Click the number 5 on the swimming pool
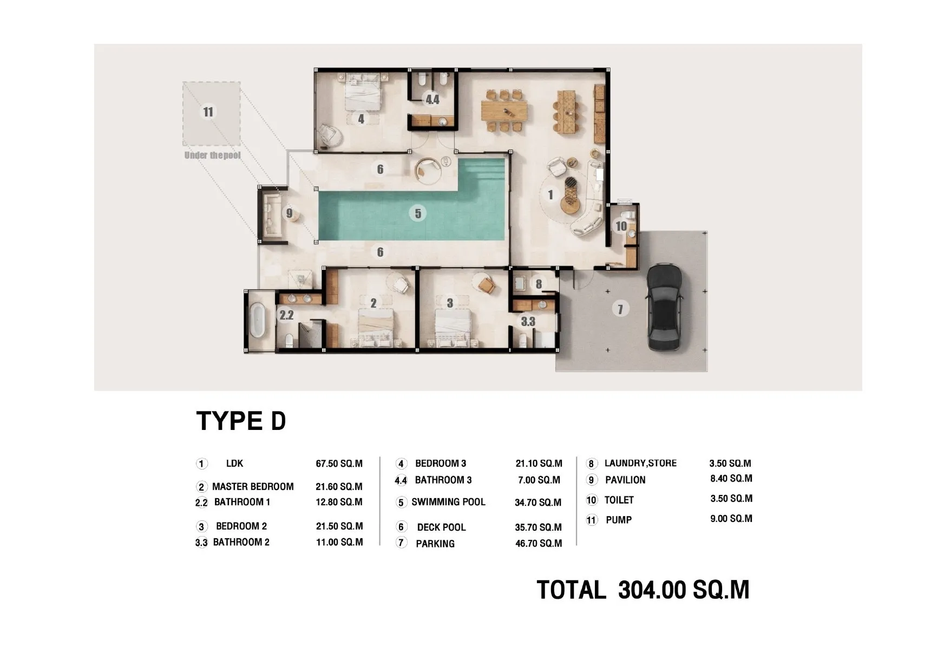pyautogui.click(x=418, y=213)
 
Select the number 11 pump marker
pyautogui.click(x=208, y=112)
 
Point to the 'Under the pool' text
pyautogui.click(x=212, y=155)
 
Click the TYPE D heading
pyautogui.click(x=241, y=421)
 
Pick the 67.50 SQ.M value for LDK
pyautogui.click(x=339, y=464)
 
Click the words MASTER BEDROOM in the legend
pyautogui.click(x=253, y=486)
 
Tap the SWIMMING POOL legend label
pyautogui.click(x=448, y=502)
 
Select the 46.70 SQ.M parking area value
pyautogui.click(x=539, y=543)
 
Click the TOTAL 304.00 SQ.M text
pyautogui.click(x=643, y=590)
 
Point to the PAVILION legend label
pyautogui.click(x=625, y=480)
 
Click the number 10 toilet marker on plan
pyautogui.click(x=621, y=226)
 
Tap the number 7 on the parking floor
pyautogui.click(x=620, y=309)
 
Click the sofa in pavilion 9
pyautogui.click(x=271, y=214)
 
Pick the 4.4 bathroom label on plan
pyautogui.click(x=433, y=100)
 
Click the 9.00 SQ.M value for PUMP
pyautogui.click(x=731, y=518)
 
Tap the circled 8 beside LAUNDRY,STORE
pyautogui.click(x=592, y=464)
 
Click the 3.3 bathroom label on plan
pyautogui.click(x=528, y=322)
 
